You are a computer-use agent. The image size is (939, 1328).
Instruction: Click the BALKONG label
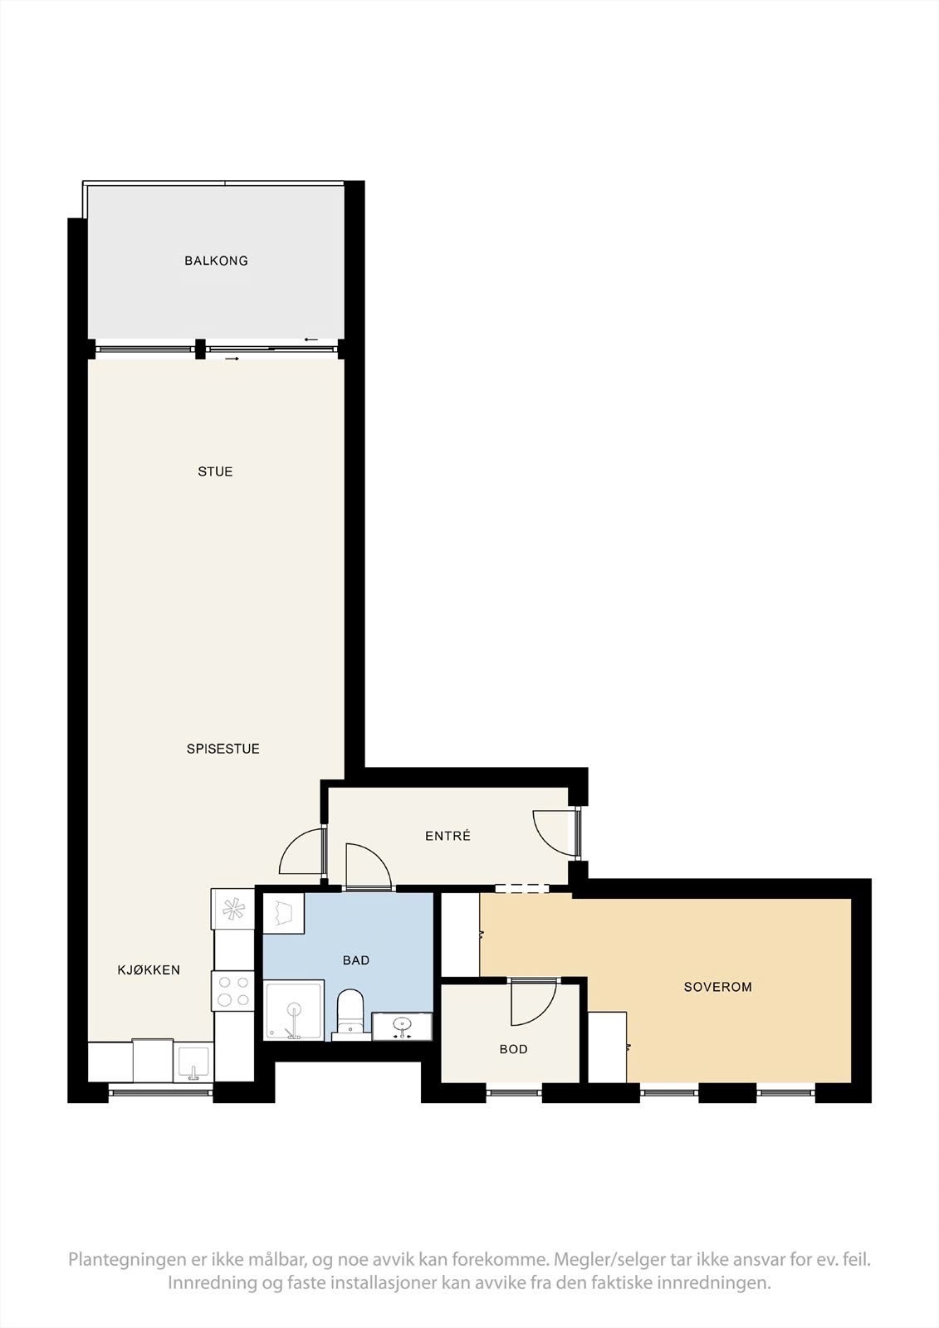tap(216, 261)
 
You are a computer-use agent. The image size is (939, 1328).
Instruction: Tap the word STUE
tap(215, 471)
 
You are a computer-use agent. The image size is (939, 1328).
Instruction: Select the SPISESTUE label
tap(223, 749)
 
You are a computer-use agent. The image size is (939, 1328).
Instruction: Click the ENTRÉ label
tap(447, 836)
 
